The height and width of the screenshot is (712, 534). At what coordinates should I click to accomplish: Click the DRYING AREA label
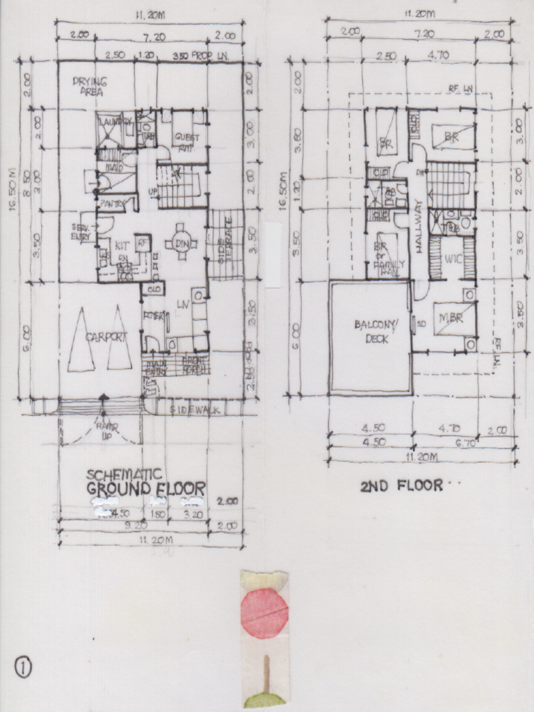[88, 86]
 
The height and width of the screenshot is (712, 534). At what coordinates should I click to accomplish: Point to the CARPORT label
[106, 337]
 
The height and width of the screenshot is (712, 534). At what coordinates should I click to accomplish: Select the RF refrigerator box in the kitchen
[143, 243]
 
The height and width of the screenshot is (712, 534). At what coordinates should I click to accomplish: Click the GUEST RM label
[186, 141]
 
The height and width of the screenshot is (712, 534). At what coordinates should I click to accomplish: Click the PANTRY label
[111, 203]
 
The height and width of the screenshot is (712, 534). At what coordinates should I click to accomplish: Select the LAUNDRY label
[115, 122]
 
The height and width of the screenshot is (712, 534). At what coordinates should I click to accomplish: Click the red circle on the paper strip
[264, 612]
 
